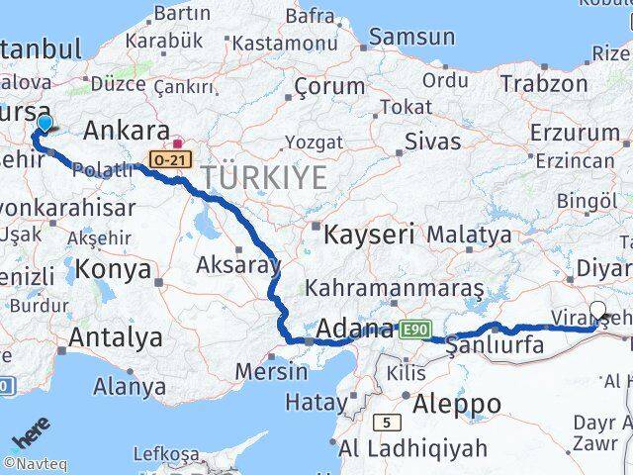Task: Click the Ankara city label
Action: pos(127,132)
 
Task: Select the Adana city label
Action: pos(355,329)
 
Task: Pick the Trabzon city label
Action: pos(543,83)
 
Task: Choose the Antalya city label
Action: pos(117,337)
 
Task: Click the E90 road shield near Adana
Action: pos(414,329)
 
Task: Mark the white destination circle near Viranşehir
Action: pos(599,309)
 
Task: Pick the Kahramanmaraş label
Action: pos(395,289)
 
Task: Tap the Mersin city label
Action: pos(272,372)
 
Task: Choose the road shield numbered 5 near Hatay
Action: pos(385,423)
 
